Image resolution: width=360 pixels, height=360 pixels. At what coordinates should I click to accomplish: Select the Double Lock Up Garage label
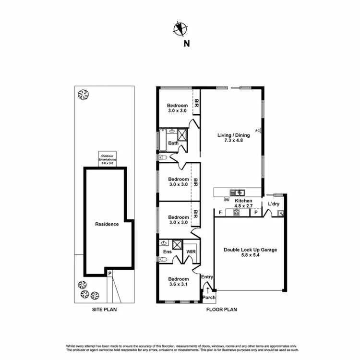pos(250,252)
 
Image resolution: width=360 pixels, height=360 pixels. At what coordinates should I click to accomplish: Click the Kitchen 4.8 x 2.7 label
pos(243,203)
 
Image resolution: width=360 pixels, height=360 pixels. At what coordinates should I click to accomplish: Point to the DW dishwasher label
pos(227,200)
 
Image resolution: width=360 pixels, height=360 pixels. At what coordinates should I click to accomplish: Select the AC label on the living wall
pos(257,130)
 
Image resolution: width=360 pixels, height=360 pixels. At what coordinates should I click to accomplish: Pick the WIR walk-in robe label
pos(191,251)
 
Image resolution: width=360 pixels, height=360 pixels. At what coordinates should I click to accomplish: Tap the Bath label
pos(173,143)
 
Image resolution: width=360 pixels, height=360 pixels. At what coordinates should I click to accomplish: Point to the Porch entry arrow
pos(207,290)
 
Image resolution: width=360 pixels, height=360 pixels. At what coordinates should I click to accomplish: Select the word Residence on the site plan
pos(107,224)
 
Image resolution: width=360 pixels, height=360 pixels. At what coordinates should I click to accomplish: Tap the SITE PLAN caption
pos(105,310)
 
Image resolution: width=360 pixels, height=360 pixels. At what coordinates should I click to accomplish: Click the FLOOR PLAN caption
pos(222,310)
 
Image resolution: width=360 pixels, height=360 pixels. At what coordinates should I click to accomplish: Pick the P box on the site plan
pos(110,274)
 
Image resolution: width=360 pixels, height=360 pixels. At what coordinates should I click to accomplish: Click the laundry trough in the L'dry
pos(281,212)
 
